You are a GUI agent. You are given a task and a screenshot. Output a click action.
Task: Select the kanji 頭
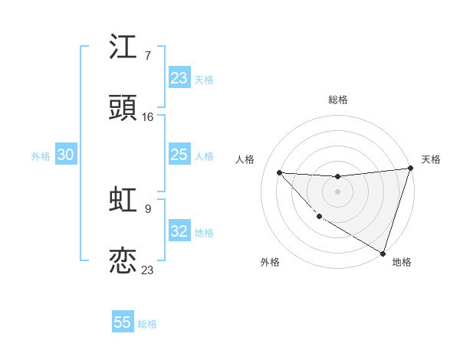pos(123,109)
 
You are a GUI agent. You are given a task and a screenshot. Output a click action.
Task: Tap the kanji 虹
pos(123,199)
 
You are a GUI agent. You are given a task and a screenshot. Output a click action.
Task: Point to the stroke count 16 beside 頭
pos(148,117)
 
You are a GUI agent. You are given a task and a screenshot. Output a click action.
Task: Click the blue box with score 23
pos(179,78)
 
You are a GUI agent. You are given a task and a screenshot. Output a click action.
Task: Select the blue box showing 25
pos(179,155)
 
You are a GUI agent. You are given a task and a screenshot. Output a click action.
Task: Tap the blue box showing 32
pos(179,231)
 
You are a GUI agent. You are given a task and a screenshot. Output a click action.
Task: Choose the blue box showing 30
pos(66,155)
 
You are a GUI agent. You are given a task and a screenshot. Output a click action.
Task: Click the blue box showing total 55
pos(123,322)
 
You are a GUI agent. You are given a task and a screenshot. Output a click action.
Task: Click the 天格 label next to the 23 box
pos(204,79)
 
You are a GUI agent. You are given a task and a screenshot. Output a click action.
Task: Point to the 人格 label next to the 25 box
pos(204,156)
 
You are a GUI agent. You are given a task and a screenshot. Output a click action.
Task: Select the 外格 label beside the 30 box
pos(41,155)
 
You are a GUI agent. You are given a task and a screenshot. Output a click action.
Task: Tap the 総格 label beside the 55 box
pos(147,323)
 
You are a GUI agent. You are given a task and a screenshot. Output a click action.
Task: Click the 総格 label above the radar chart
pos(338,100)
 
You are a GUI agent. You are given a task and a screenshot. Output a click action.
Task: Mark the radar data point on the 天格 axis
pos(410,169)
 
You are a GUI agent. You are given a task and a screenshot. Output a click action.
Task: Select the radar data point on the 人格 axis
pos(280,172)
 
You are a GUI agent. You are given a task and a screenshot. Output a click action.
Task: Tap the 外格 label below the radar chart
pos(270,262)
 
